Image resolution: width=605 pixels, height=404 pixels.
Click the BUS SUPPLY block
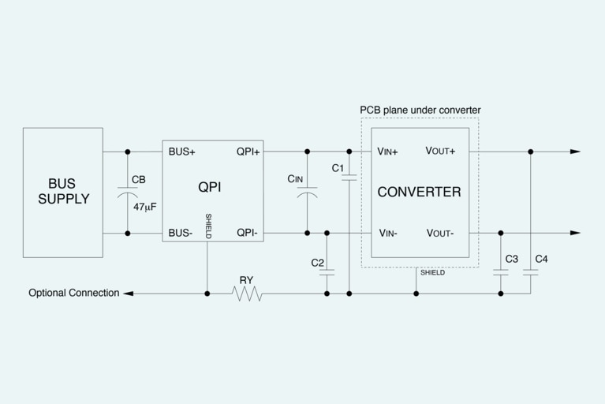tap(63, 192)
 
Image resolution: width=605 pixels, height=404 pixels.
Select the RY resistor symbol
tap(247, 294)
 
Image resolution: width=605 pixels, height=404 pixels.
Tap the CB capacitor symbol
tap(128, 192)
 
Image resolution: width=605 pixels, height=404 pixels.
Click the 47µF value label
tap(145, 207)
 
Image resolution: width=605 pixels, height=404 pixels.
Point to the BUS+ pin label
tap(182, 151)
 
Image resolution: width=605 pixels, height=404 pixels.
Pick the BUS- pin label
tap(181, 233)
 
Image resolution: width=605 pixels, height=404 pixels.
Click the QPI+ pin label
tap(248, 151)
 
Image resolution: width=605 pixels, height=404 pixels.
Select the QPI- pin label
tap(248, 233)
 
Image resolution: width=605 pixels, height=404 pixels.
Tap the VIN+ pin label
tap(387, 151)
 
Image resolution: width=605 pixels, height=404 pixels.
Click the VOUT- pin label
tap(439, 233)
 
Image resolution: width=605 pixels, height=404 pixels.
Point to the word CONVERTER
tap(419, 192)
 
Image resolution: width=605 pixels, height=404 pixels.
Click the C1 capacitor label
tap(338, 168)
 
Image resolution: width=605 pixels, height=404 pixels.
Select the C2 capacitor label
tap(318, 262)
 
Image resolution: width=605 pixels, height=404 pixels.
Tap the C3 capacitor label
tap(511, 259)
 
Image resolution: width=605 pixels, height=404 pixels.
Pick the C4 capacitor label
tap(541, 259)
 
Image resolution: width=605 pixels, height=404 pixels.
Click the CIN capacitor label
tap(295, 179)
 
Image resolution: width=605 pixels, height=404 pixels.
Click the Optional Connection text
tap(74, 293)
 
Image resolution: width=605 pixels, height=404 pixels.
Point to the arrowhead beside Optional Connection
tap(129, 294)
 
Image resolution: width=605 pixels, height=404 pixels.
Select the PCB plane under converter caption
tap(420, 110)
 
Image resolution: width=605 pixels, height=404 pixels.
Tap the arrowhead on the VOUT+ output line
tap(575, 151)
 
